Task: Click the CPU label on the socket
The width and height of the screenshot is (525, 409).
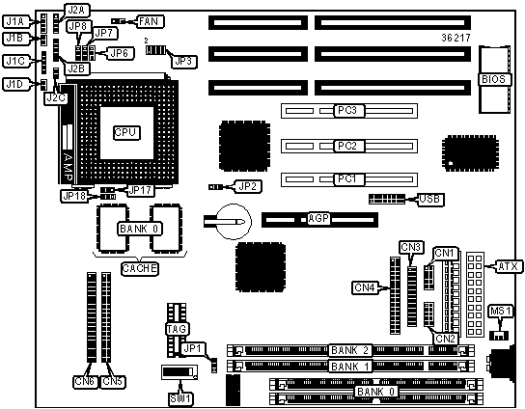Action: [126, 132]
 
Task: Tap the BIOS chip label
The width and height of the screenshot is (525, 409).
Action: [493, 79]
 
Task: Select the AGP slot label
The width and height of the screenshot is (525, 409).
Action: [318, 218]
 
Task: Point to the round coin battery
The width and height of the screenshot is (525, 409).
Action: [234, 222]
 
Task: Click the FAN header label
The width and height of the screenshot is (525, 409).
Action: [149, 21]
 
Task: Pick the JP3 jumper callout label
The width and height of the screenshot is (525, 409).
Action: [183, 61]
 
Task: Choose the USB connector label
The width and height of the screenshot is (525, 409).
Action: [429, 199]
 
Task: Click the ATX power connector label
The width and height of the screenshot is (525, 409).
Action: [509, 267]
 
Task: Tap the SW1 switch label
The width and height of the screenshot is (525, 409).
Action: [180, 398]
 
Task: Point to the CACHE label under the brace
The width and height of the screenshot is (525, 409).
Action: [139, 268]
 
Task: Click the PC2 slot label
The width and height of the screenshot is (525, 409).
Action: [347, 147]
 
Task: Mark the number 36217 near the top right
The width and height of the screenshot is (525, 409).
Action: [456, 38]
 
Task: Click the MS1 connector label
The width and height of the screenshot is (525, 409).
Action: [501, 312]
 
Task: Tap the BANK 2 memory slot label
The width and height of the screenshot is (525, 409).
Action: [350, 350]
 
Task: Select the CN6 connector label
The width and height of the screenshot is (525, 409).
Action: [85, 381]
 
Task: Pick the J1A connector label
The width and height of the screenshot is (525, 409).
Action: [15, 22]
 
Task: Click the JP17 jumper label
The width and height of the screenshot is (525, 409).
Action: [141, 190]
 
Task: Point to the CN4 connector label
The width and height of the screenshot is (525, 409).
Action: [365, 287]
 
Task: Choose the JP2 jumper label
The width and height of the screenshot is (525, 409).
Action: [249, 186]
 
